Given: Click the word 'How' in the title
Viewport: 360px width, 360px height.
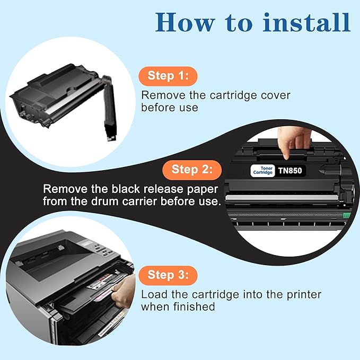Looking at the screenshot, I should [x=182, y=22].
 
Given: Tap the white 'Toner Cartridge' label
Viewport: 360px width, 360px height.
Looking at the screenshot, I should [x=262, y=171].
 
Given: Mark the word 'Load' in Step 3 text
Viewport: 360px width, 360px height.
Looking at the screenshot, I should [x=153, y=294].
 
